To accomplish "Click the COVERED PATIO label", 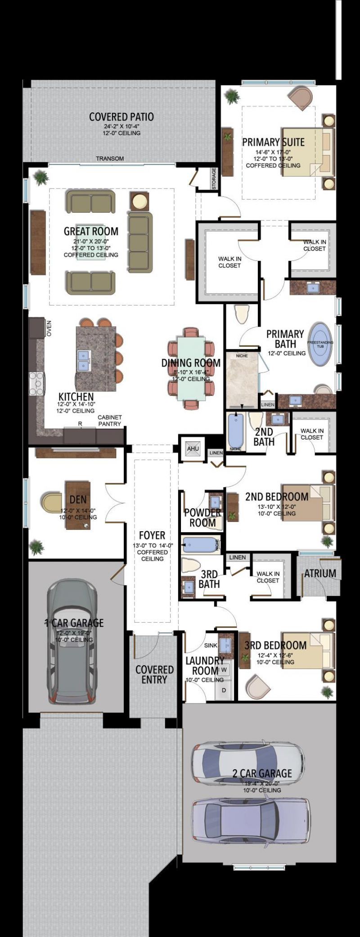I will click(x=121, y=117).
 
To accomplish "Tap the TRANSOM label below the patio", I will click(x=110, y=159).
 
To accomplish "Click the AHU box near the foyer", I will click(x=193, y=448).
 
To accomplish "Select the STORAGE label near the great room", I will click(x=214, y=179).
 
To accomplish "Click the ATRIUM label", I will click(x=320, y=574).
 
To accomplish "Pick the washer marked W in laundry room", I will click(x=224, y=669).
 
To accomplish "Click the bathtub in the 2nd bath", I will click(x=235, y=432).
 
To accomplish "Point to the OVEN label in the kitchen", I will click(x=49, y=328).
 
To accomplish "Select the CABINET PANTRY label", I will click(x=110, y=421).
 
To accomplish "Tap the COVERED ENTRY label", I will click(x=154, y=674).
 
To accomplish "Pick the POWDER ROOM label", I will click(x=202, y=517).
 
